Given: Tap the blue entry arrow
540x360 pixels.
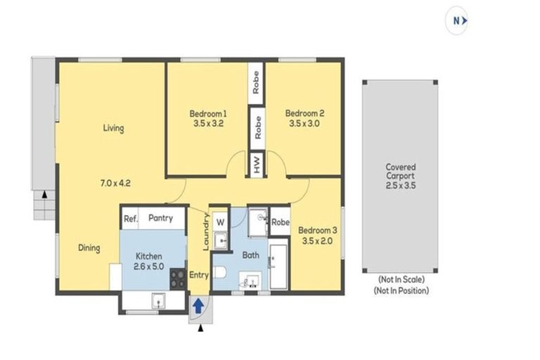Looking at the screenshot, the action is tap(198, 306).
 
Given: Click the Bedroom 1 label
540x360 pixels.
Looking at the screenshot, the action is tap(208, 113).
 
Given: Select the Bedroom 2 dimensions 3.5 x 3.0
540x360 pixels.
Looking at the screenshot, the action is tap(304, 123).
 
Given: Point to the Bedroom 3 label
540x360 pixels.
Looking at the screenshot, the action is tap(318, 230).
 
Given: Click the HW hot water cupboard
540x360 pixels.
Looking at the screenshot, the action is tap(257, 164).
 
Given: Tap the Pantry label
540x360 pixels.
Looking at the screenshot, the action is tap(160, 218).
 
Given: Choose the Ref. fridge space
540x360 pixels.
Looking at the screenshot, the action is tap(131, 219).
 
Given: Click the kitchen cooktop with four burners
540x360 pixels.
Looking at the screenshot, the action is tap(178, 278).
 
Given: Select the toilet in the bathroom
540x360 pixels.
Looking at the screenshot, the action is tap(219, 272).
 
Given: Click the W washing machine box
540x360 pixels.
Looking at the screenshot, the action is tap(220, 222).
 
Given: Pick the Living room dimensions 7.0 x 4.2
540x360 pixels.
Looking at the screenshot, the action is tap(115, 184).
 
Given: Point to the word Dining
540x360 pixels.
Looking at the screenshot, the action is tap(89, 248).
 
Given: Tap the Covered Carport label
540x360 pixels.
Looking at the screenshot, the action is tap(401, 172).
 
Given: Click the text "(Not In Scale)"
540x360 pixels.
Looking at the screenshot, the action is tap(401, 279).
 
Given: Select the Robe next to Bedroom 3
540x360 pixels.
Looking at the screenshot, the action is tap(281, 222).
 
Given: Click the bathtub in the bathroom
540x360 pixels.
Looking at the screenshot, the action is tap(278, 267).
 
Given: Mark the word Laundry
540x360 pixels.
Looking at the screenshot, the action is tap(206, 232).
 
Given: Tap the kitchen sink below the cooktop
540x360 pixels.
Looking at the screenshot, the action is tap(158, 301).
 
